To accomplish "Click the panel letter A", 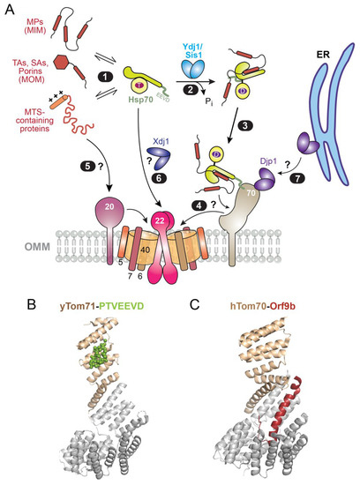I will pos(8,8).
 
